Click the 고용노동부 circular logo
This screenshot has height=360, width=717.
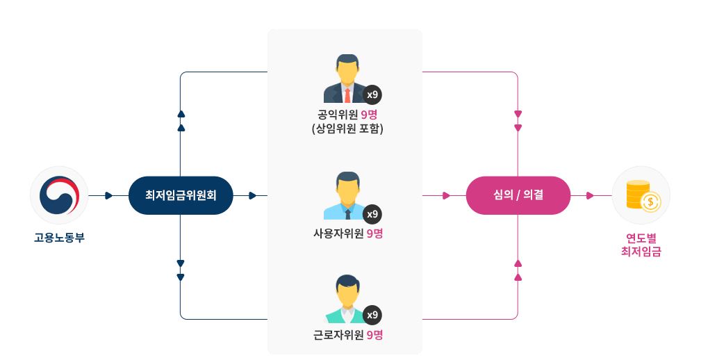(59, 195)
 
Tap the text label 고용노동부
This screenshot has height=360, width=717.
(59, 238)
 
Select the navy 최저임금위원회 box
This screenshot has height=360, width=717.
(181, 195)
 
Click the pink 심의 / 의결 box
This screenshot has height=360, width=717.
(518, 195)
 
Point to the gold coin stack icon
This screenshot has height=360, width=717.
(641, 195)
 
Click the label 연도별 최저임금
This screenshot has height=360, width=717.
(641, 245)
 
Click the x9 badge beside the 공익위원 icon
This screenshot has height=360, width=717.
(372, 95)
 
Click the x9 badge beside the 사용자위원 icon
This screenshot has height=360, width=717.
(372, 213)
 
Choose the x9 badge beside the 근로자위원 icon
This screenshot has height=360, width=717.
(372, 315)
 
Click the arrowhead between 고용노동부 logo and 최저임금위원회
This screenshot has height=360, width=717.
(108, 196)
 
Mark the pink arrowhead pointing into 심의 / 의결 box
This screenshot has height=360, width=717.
(446, 196)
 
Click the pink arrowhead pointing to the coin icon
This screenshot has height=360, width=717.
(590, 196)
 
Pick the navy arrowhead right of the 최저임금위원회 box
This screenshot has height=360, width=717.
(252, 196)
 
